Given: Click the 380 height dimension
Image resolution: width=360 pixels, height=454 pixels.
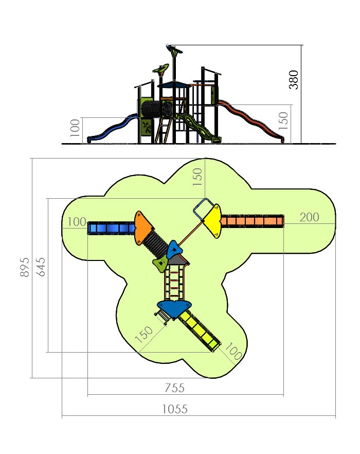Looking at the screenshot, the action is click(294, 80).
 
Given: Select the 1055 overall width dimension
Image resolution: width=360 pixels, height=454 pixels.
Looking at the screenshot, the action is click(175, 409).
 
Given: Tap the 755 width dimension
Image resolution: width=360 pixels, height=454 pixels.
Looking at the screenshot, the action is click(174, 388).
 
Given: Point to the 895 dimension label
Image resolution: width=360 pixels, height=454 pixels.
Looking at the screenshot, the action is click(25, 267).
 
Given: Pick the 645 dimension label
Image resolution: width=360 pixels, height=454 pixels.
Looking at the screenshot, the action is click(41, 267).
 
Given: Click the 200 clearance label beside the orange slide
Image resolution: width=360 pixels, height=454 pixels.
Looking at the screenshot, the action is click(310, 217).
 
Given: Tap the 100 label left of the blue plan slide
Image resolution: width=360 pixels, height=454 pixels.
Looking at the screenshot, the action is click(77, 222).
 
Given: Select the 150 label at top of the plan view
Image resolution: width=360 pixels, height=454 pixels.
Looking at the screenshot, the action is click(197, 177).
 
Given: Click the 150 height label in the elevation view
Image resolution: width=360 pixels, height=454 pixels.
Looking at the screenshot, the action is click(283, 121).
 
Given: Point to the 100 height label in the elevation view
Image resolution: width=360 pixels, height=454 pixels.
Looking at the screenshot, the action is click(75, 128).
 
